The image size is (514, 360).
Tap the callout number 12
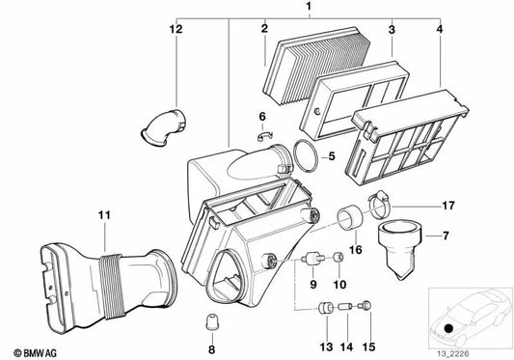[176, 29]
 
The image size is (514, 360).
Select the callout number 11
[102, 214]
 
